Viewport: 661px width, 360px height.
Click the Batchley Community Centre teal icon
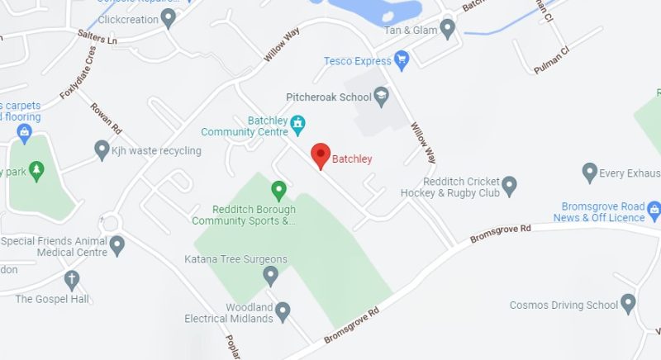298,126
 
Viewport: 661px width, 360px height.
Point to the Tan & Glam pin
448,30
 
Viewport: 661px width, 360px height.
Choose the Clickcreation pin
169,17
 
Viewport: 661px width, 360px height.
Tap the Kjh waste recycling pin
102,149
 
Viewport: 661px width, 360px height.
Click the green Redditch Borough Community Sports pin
279,192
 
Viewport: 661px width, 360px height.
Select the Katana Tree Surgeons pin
271,275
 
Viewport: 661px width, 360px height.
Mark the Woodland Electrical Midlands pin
283,311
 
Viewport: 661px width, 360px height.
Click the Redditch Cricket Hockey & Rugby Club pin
510,185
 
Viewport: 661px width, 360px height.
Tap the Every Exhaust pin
589,172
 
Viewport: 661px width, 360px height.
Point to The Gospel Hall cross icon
73,280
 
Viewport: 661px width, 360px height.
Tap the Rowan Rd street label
106,118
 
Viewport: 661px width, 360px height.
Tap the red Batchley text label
352,159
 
